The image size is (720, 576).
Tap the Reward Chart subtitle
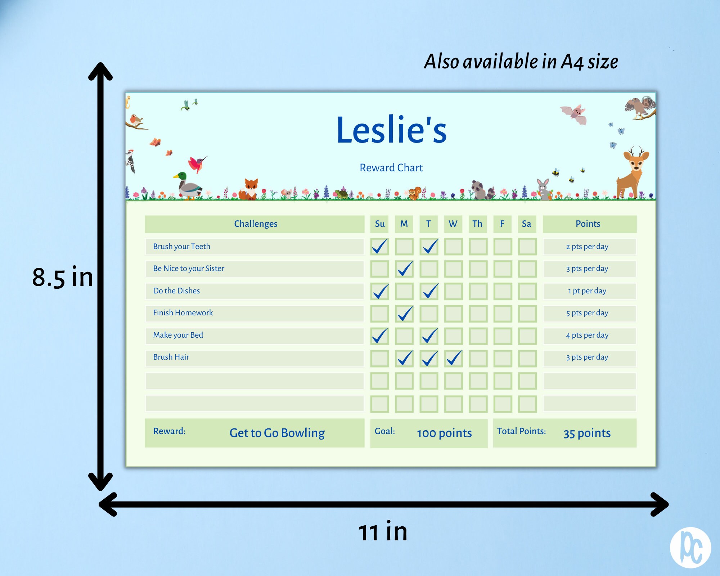[391, 168]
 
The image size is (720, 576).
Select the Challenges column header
[256, 224]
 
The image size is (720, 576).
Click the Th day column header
[477, 224]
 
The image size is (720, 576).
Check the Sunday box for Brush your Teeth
[380, 247]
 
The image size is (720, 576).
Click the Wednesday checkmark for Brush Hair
[454, 358]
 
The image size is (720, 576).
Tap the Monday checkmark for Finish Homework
[405, 313]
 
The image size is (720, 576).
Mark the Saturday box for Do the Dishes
[527, 291]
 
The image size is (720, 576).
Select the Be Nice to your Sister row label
[189, 269]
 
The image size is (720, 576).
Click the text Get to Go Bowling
[277, 433]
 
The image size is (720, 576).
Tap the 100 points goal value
[444, 433]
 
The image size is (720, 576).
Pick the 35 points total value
[587, 433]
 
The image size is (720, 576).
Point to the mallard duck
[188, 185]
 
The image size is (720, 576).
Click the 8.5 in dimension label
[63, 277]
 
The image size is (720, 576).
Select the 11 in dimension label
[383, 532]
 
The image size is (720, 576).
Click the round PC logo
[690, 548]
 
